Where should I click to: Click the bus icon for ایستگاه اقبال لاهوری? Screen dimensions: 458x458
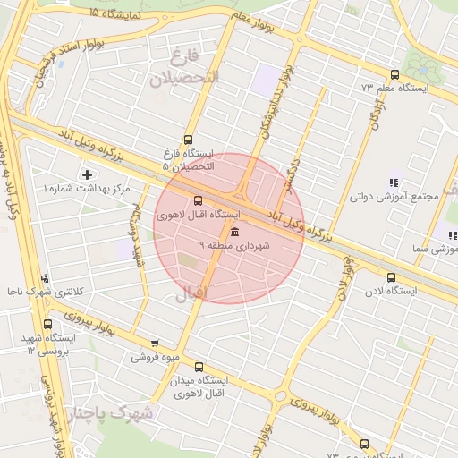tap(198, 200)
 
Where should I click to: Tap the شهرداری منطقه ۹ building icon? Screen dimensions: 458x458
tap(234, 232)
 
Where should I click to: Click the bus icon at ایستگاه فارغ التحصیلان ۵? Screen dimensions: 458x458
tap(187, 140)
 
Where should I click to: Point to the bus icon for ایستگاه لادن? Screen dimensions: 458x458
tap(391, 277)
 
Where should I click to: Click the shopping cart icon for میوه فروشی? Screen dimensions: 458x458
tap(155, 343)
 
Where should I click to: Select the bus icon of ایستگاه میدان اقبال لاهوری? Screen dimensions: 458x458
tap(199, 367)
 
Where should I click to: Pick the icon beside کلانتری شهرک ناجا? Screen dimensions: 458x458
tap(45, 279)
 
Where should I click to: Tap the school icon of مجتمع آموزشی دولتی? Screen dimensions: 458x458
tap(393, 182)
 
